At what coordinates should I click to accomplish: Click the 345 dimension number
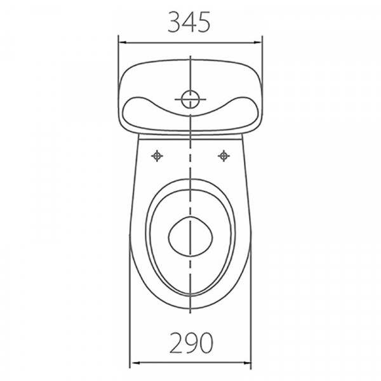189,22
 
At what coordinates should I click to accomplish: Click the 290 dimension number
191,343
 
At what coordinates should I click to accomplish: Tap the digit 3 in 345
174,22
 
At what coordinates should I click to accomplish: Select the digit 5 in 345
203,22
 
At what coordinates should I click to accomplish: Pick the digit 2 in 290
176,343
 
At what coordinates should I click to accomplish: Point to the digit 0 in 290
206,343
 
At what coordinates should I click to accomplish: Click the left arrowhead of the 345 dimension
123,43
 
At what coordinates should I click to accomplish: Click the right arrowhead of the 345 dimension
258,43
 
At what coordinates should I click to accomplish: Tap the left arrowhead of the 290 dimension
135,363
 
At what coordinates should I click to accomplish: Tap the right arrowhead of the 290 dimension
246,363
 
